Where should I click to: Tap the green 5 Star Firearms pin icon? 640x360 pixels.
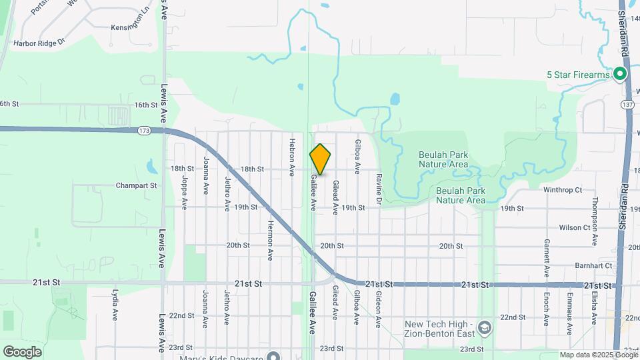point(620,75)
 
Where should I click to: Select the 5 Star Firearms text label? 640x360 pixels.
point(578,75)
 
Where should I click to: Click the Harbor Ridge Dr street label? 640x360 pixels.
point(43,41)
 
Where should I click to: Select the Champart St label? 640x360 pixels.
point(135,185)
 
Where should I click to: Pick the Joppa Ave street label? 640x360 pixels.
point(184,179)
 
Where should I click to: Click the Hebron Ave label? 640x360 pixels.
point(291,157)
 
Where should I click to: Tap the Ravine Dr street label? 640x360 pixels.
point(378,189)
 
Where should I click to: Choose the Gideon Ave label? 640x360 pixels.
point(377,309)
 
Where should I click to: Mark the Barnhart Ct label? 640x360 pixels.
point(593,265)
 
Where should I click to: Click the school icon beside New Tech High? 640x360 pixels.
point(485,328)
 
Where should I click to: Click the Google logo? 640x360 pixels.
point(22,351)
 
